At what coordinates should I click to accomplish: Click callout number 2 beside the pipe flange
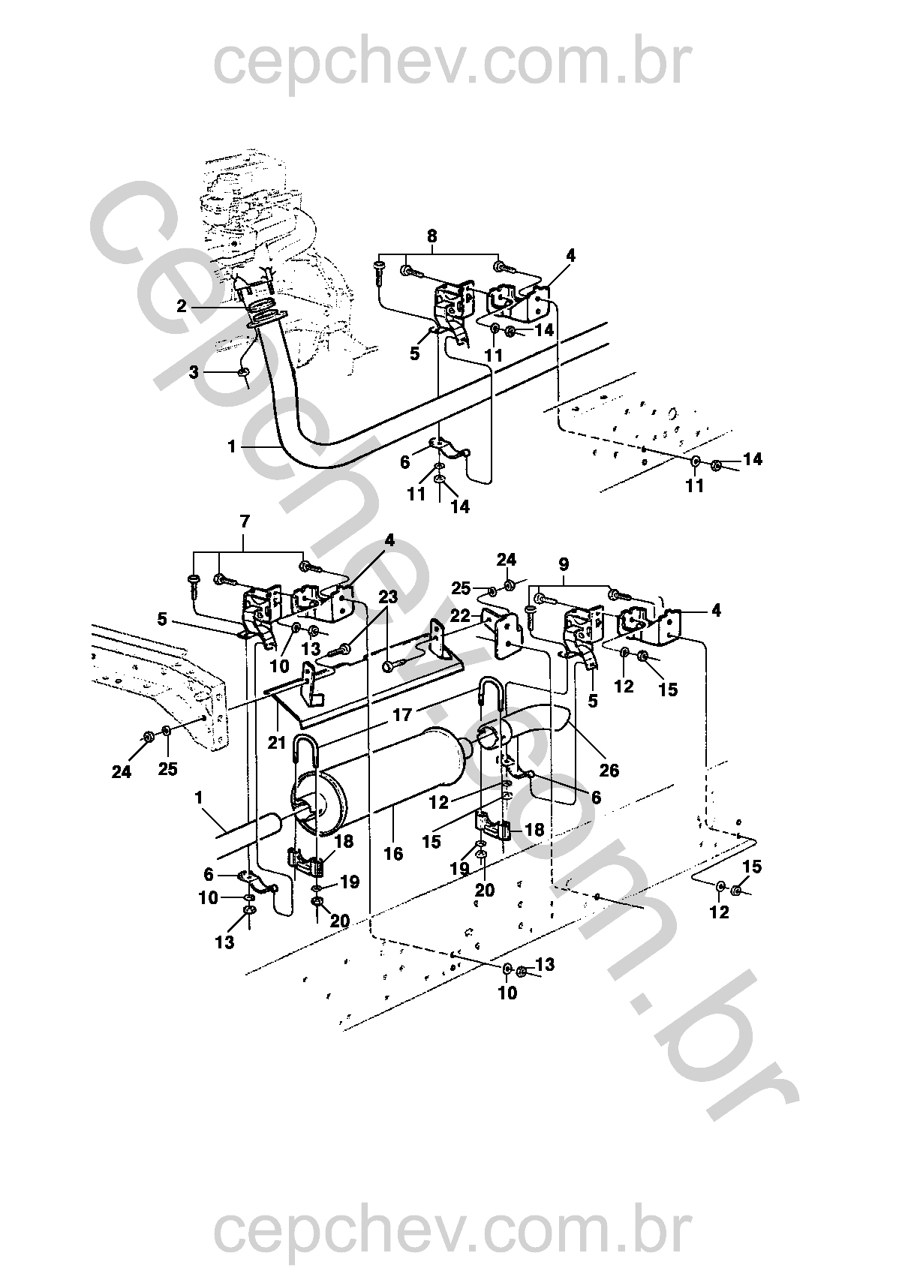tap(182, 306)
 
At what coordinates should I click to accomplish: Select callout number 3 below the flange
tap(194, 372)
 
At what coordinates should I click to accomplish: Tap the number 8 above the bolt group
tap(431, 236)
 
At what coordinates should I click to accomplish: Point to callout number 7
tap(245, 521)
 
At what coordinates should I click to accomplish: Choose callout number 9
tap(564, 565)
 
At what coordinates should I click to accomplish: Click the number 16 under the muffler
tap(393, 853)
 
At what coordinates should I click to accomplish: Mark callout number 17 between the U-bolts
tap(403, 715)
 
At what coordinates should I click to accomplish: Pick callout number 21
tap(277, 743)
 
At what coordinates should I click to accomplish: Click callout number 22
tap(460, 616)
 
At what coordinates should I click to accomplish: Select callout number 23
tap(388, 596)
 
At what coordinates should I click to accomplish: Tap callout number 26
tap(609, 771)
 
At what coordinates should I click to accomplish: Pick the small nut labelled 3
tap(242, 373)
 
